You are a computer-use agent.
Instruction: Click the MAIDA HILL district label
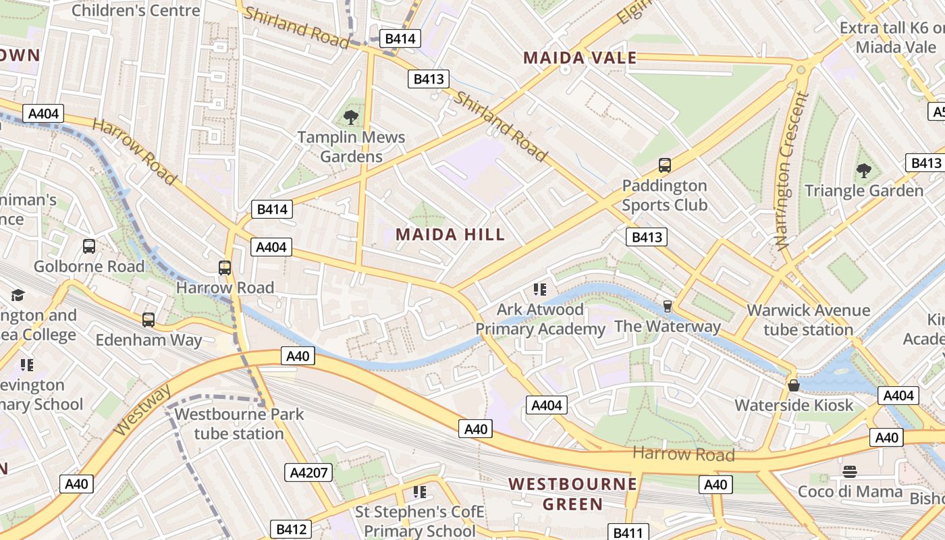(x=450, y=235)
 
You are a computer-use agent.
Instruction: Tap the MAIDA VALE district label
(x=580, y=58)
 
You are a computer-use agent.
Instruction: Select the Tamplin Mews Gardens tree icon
(x=351, y=117)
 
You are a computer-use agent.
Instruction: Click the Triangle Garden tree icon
(x=863, y=171)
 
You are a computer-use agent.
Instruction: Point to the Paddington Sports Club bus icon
(x=664, y=165)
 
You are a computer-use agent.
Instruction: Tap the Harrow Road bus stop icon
(x=225, y=268)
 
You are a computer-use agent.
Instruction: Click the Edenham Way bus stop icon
(x=148, y=320)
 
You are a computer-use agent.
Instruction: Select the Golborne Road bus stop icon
(x=89, y=246)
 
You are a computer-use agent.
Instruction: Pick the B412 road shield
(x=292, y=529)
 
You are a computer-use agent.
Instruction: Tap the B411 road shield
(x=628, y=533)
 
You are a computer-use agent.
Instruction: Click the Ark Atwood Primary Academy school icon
(x=539, y=290)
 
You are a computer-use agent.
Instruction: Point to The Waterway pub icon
(x=668, y=306)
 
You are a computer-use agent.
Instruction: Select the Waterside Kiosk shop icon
(x=794, y=385)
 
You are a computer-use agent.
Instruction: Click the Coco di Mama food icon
(x=850, y=471)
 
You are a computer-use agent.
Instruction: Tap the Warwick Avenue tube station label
(x=808, y=320)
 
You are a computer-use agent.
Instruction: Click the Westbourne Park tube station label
(x=239, y=423)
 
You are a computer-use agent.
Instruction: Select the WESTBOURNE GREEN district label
(x=572, y=493)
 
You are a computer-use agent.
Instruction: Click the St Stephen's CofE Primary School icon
(x=420, y=492)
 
